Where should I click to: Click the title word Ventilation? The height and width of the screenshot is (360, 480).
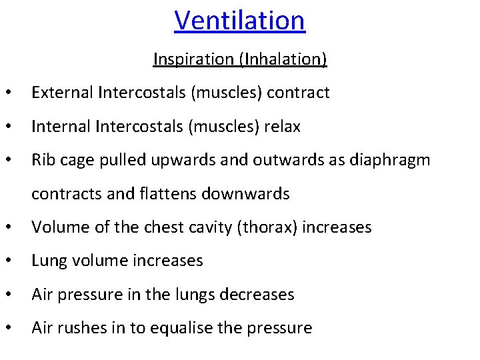239,20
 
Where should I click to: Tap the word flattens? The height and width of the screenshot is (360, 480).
165,194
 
